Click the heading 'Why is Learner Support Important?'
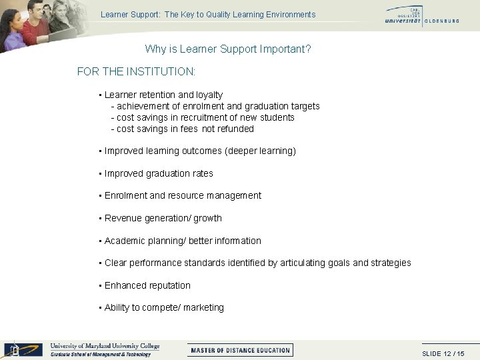click(x=228, y=49)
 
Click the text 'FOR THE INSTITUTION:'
click(x=136, y=71)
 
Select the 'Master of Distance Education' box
click(x=241, y=350)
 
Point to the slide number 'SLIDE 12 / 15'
click(x=443, y=353)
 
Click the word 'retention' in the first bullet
click(x=159, y=95)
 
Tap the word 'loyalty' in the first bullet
click(x=207, y=95)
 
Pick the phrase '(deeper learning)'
click(x=261, y=151)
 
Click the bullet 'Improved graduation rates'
click(x=159, y=173)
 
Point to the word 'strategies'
click(x=391, y=263)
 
